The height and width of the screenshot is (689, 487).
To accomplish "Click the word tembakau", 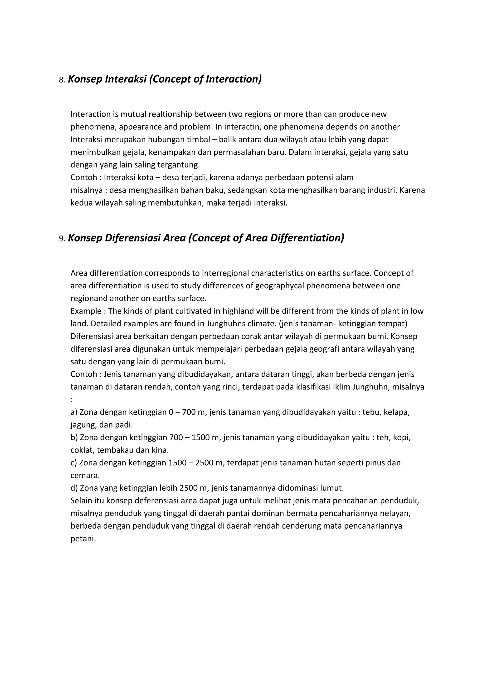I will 115,450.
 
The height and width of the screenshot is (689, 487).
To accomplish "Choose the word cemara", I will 85,476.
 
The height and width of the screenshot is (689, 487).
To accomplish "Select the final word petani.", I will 83,539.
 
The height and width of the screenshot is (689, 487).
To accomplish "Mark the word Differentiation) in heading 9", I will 307,238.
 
